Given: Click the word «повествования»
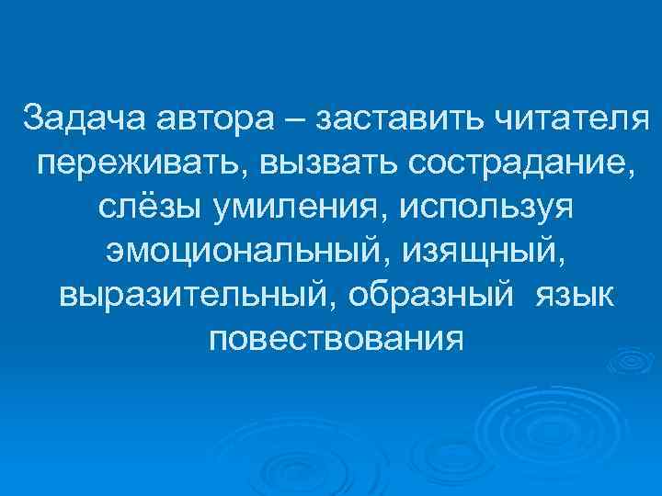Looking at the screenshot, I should point(336,340).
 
